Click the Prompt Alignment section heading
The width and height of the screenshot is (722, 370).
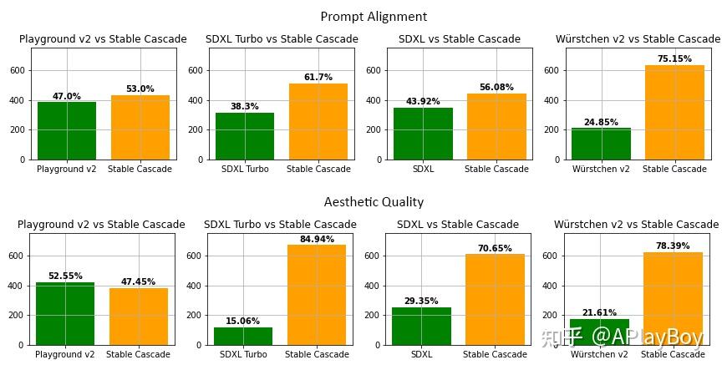click(x=374, y=17)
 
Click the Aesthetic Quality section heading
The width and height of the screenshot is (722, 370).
click(x=374, y=202)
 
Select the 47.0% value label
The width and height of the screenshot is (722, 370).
click(x=67, y=96)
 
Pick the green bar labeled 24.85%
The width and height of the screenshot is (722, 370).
click(x=601, y=144)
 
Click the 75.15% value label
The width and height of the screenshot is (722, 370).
click(x=674, y=58)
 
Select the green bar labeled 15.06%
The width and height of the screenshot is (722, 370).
click(x=243, y=336)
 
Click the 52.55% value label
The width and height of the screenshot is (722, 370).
click(x=65, y=276)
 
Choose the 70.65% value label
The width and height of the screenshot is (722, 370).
click(x=495, y=248)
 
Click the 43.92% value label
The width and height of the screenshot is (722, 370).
click(x=423, y=102)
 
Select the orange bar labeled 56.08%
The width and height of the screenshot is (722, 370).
click(x=496, y=126)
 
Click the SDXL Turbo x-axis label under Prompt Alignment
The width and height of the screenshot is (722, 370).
click(x=245, y=169)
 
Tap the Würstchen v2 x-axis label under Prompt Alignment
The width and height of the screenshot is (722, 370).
click(x=601, y=169)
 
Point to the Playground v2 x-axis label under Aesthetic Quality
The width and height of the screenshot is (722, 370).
click(x=65, y=354)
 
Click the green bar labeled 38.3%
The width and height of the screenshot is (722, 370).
click(x=245, y=136)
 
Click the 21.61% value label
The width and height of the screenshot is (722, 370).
click(x=599, y=312)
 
